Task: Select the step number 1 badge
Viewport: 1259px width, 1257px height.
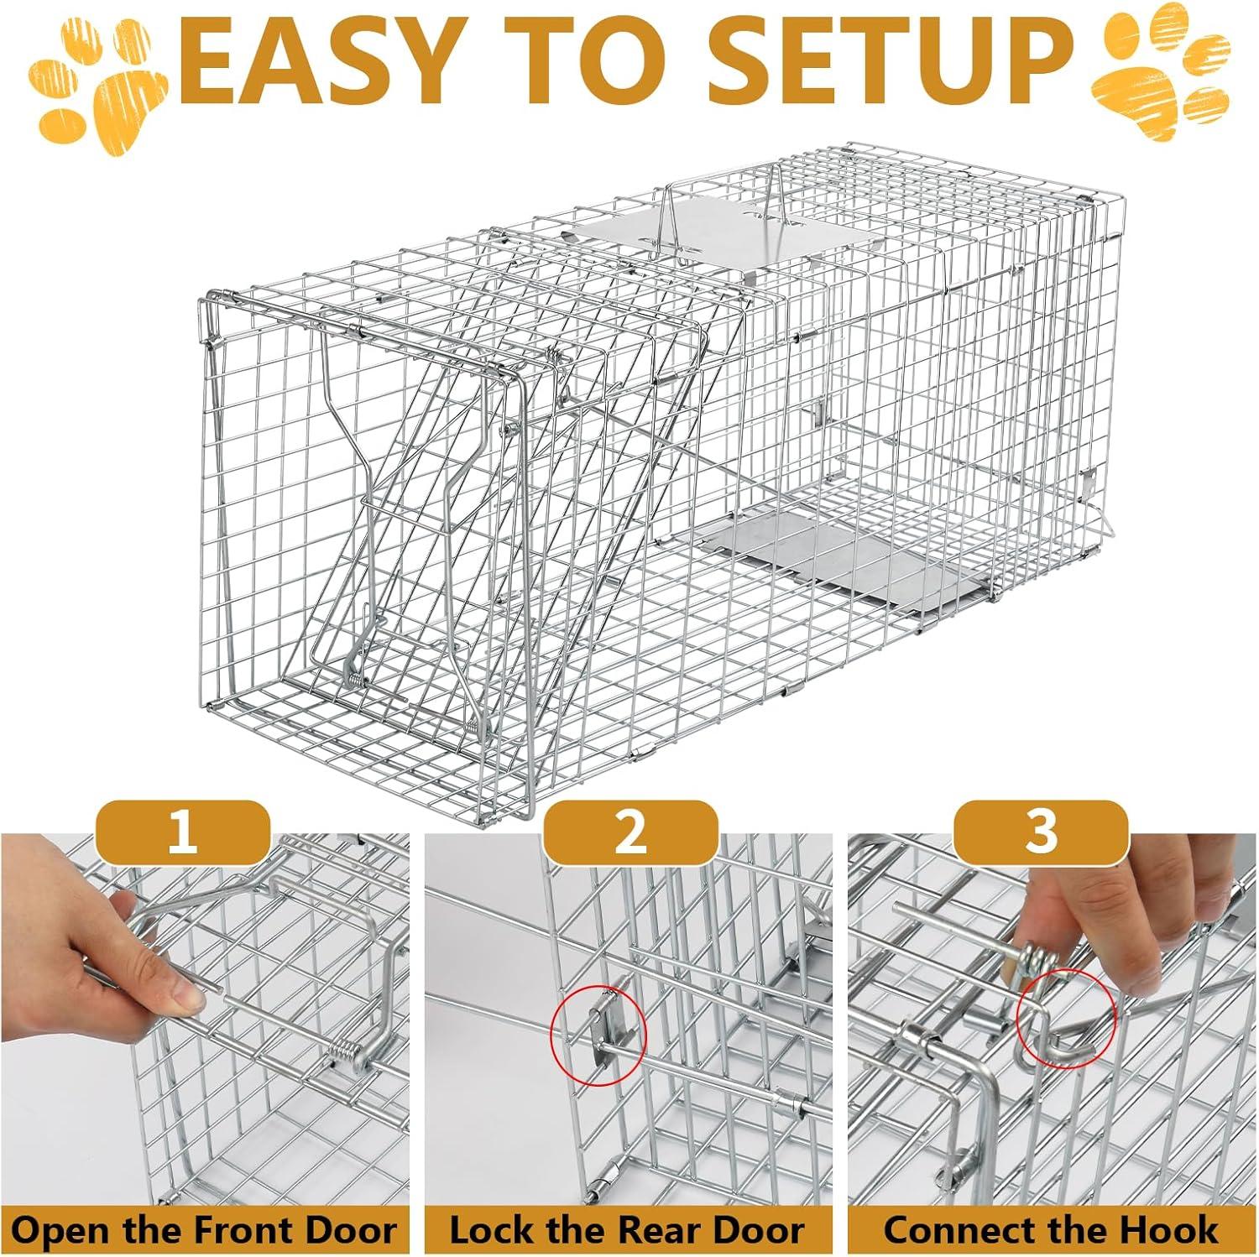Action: (x=183, y=832)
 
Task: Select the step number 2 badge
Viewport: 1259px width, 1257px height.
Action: (x=630, y=832)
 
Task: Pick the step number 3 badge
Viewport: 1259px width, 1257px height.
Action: (x=1041, y=832)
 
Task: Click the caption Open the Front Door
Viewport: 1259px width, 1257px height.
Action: (x=204, y=1230)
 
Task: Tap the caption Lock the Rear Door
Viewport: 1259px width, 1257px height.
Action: (x=627, y=1230)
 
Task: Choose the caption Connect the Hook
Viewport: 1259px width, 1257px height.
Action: (x=1051, y=1230)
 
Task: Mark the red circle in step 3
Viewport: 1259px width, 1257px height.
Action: (x=1066, y=1021)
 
